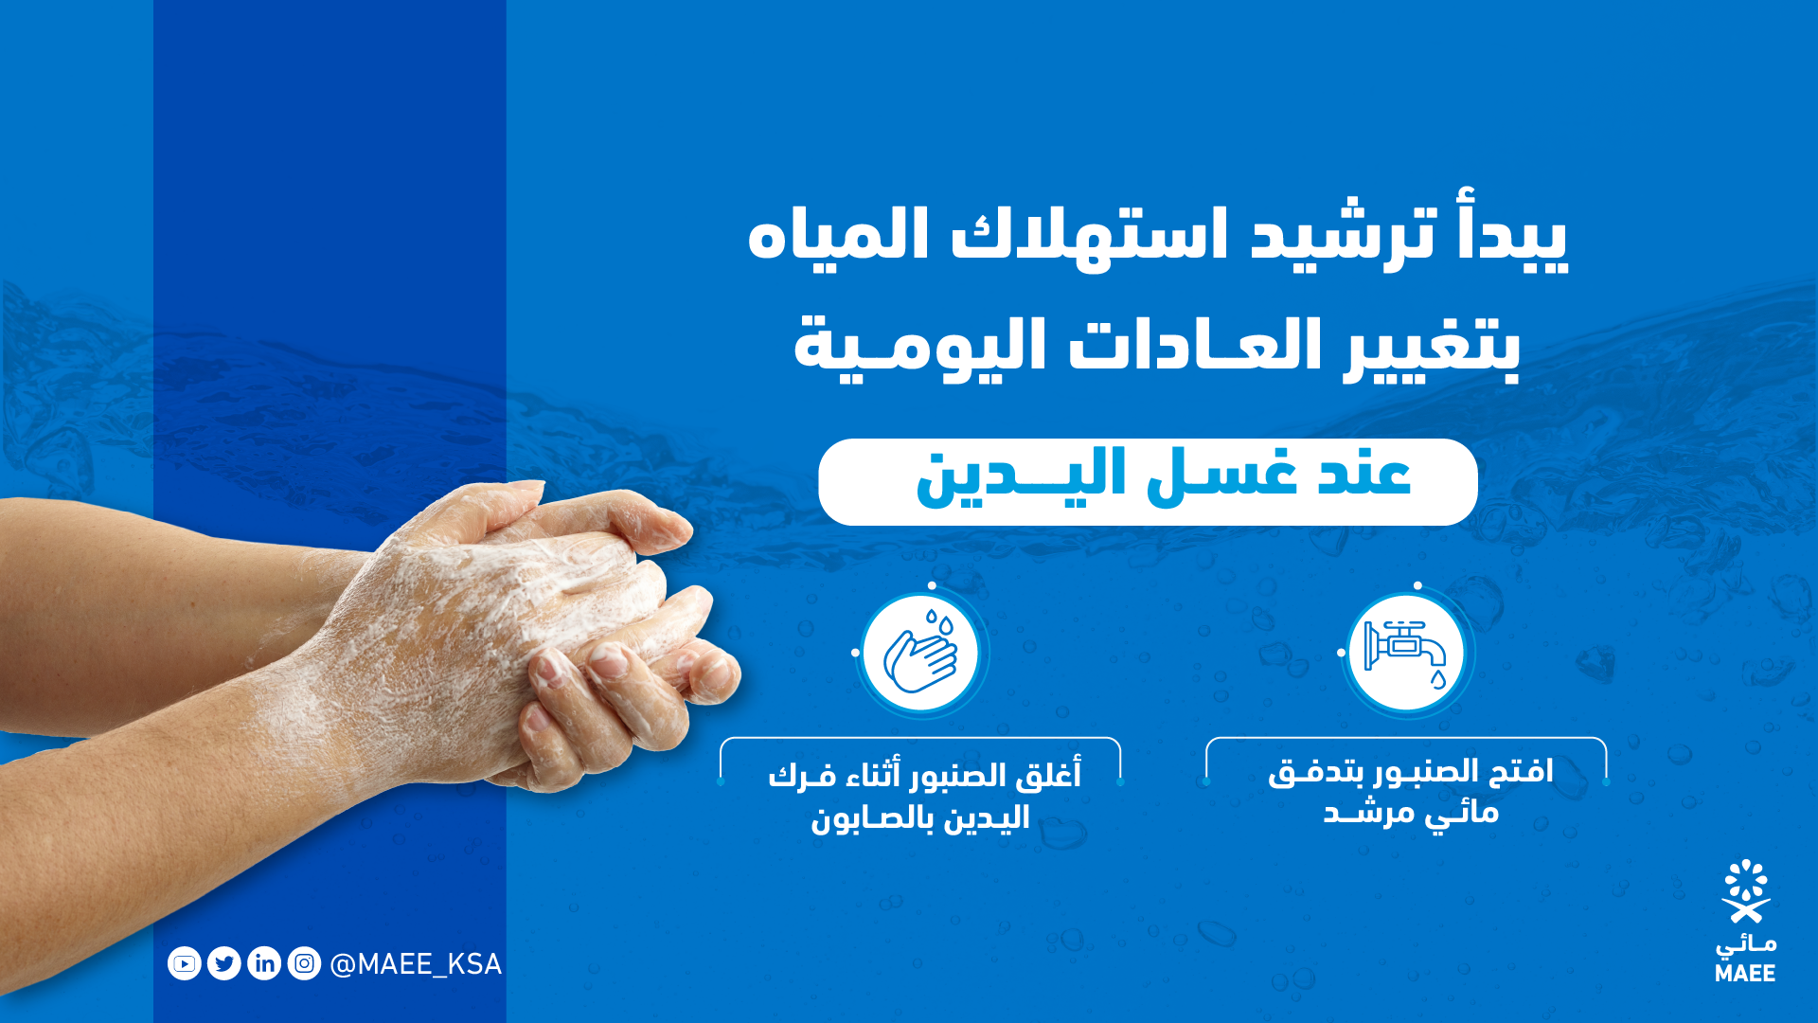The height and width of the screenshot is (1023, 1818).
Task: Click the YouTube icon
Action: tap(185, 963)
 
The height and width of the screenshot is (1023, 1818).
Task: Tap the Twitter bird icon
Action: tap(224, 963)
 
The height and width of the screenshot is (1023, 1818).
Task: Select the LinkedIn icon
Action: tap(264, 963)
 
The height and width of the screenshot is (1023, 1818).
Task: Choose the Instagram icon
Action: tap(304, 963)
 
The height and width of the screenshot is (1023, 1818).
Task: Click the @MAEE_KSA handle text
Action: tap(416, 964)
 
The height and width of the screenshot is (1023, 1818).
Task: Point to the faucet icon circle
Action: tap(1406, 653)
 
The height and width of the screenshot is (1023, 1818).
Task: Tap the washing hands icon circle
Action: tap(920, 653)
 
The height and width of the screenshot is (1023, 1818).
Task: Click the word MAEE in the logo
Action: tap(1745, 973)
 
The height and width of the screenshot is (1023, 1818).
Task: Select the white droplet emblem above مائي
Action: tap(1746, 890)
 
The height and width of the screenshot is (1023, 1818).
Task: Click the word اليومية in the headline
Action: tap(919, 345)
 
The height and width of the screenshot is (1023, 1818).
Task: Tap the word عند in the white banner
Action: tap(1364, 474)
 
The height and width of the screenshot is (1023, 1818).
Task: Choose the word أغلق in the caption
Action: tap(1048, 775)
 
